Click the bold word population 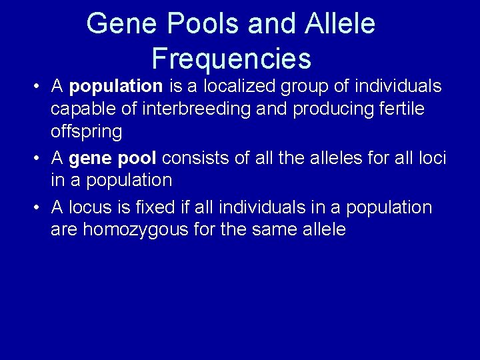coord(116,86)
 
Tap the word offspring coord(87,131)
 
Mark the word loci coord(433,158)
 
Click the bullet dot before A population coord(39,87)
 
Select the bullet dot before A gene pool coord(39,159)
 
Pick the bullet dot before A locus coord(39,208)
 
